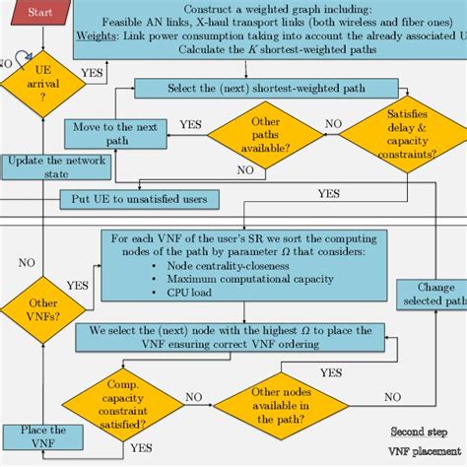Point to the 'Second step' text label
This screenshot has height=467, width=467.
pos(418,432)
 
